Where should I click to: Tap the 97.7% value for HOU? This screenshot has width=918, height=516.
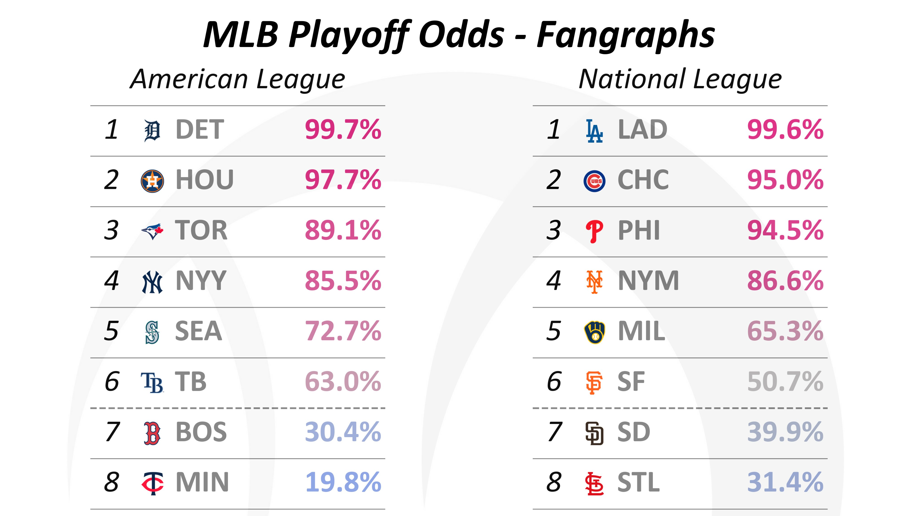343,180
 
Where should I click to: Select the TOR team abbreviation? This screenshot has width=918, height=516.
201,231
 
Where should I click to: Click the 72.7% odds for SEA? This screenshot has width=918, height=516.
343,331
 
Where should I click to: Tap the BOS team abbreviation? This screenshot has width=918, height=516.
201,432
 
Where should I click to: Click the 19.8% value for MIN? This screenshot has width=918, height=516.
343,483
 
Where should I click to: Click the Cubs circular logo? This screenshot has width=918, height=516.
594,181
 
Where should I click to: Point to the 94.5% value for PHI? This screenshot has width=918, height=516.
785,231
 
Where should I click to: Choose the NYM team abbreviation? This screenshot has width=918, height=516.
648,281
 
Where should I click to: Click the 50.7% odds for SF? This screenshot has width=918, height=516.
785,382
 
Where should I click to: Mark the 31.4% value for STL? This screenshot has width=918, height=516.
785,483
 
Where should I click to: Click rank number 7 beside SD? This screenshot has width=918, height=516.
554,432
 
